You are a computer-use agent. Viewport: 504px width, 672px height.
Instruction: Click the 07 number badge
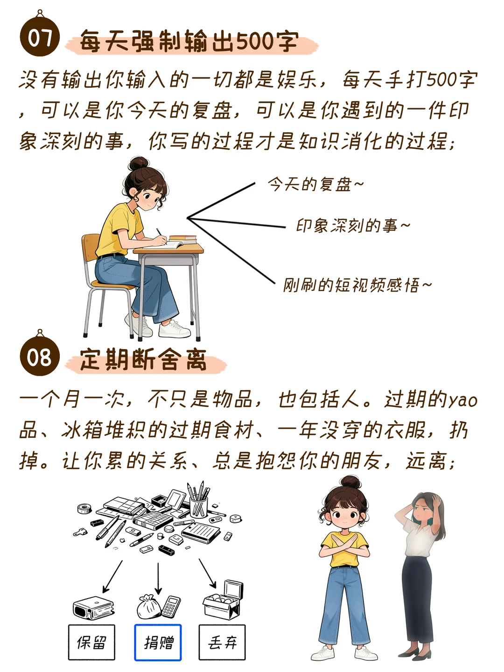(40, 36)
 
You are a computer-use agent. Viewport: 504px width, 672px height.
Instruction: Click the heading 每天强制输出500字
(189, 42)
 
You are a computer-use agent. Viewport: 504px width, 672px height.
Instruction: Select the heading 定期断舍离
(143, 360)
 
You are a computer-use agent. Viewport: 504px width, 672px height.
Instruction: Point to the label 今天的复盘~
(315, 185)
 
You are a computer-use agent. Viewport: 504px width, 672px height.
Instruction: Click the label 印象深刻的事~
(352, 226)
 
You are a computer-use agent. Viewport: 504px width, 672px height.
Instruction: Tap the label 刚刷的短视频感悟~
(357, 285)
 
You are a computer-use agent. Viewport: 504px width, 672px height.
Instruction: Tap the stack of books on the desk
(182, 239)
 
